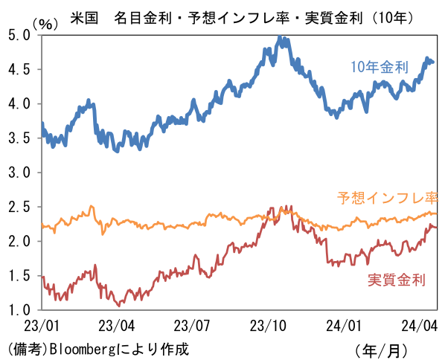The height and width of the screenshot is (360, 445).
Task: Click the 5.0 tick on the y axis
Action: click(19, 35)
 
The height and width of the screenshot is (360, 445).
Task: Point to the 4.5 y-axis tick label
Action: click(19, 69)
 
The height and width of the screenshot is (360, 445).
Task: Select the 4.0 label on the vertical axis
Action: click(19, 103)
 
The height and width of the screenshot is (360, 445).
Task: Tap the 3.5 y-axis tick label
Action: click(19, 138)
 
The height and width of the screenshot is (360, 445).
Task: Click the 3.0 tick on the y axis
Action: click(19, 172)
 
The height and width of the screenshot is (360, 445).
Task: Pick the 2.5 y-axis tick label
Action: click(19, 207)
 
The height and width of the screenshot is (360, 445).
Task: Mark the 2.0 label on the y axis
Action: click(19, 241)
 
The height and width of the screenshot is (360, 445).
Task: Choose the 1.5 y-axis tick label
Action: click(19, 275)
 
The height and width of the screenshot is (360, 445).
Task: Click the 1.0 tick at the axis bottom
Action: click(19, 309)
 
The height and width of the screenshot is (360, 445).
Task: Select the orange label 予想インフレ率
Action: click(386, 199)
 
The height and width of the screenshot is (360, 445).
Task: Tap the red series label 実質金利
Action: click(396, 280)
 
